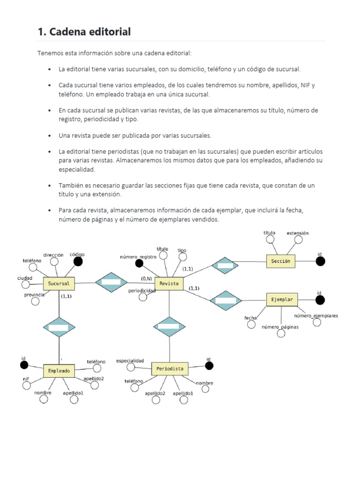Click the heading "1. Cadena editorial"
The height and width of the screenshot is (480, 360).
click(x=84, y=32)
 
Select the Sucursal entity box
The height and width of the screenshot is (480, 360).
click(x=59, y=284)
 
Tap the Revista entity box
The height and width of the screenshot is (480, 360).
click(x=169, y=283)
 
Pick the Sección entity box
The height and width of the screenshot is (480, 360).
click(x=281, y=261)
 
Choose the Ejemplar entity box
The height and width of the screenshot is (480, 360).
click(x=282, y=299)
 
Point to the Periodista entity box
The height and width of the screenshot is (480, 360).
click(x=170, y=368)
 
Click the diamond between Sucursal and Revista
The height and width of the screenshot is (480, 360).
click(x=111, y=282)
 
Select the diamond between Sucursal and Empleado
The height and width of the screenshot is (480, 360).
click(x=59, y=327)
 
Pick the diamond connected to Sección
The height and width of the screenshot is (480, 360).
click(x=225, y=266)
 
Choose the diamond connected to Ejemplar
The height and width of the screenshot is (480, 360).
click(x=225, y=300)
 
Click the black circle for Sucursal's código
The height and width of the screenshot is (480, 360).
click(x=78, y=262)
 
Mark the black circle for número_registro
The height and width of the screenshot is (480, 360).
click(x=139, y=263)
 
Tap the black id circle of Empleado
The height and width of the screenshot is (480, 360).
click(x=24, y=365)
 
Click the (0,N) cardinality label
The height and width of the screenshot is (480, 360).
click(x=146, y=278)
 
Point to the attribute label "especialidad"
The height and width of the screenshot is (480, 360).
click(x=130, y=360)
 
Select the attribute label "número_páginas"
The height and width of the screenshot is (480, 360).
click(x=280, y=327)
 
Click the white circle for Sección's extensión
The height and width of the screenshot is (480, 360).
click(x=298, y=240)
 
